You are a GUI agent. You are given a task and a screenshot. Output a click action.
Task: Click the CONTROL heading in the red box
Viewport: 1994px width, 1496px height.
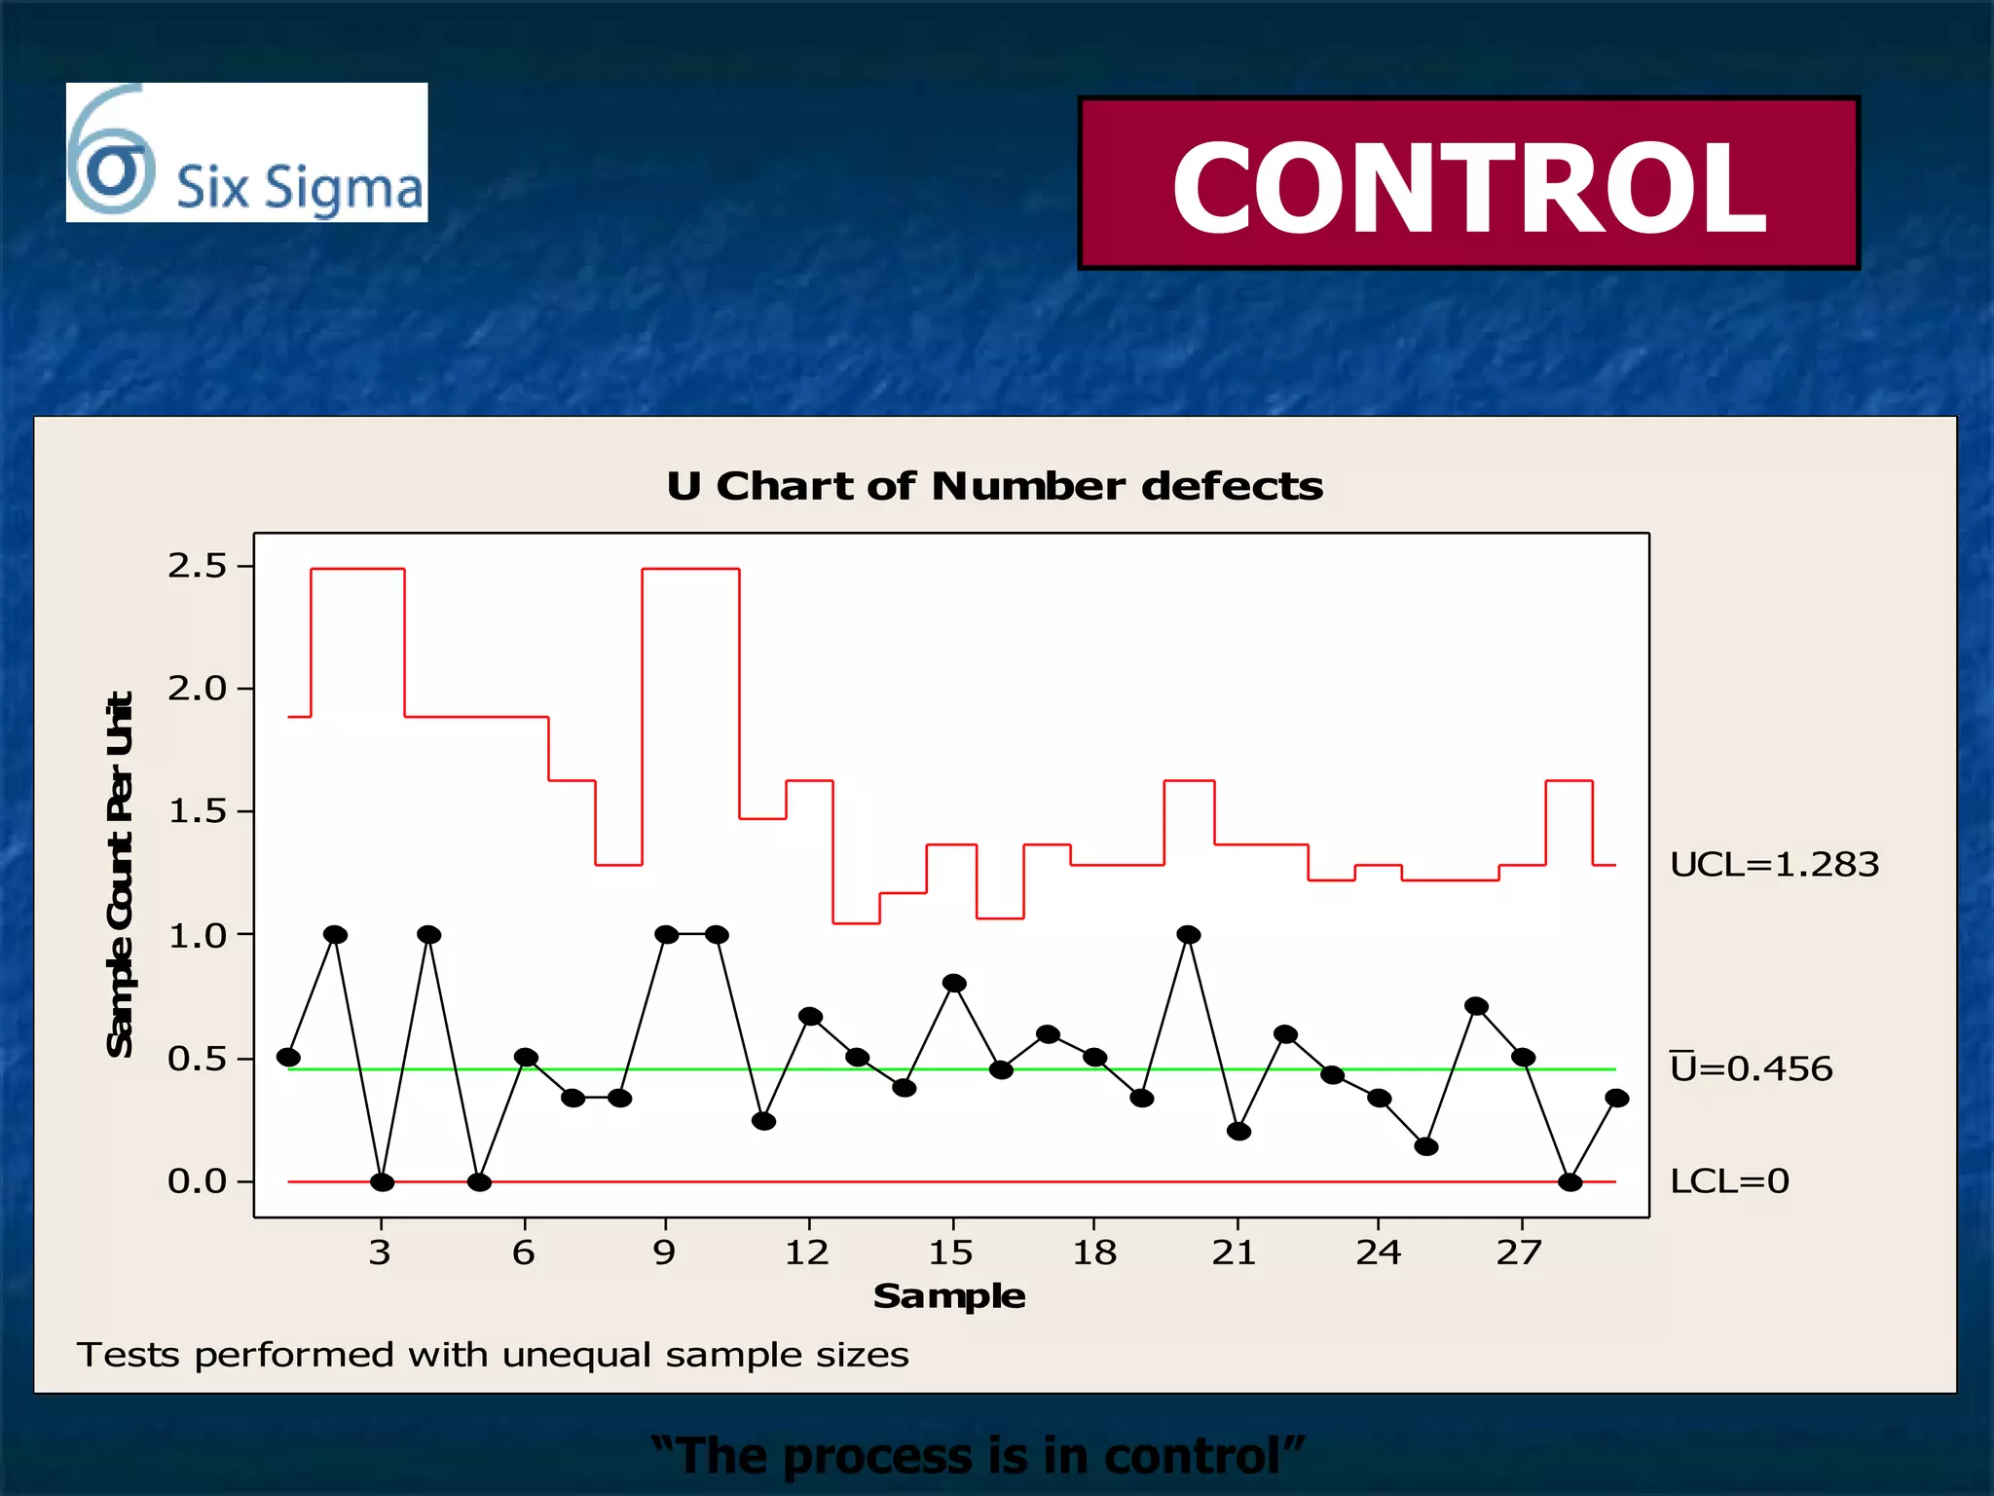[1468, 186]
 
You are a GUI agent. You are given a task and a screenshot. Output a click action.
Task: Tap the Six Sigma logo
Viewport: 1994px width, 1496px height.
[246, 153]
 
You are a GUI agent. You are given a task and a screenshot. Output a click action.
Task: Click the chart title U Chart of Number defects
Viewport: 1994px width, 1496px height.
[994, 486]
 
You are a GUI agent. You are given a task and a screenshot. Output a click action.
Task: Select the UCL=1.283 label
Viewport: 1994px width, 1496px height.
[1774, 865]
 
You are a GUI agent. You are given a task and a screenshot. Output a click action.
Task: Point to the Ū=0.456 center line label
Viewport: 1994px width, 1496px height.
[1751, 1068]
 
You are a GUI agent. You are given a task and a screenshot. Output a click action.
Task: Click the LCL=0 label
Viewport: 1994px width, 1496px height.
[1729, 1181]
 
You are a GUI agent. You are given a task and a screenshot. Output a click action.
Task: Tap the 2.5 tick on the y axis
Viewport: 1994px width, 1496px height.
[197, 566]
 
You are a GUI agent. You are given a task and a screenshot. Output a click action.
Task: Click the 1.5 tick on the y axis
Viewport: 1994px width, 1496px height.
[197, 811]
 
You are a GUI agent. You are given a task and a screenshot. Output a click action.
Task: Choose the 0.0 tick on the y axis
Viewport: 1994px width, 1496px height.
[197, 1181]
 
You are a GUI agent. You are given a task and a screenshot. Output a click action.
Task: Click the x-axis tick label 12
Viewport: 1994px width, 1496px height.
[807, 1253]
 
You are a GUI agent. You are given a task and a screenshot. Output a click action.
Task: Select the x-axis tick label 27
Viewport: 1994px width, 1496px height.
[1519, 1253]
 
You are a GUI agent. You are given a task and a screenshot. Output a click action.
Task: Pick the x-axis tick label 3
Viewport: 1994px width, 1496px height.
[380, 1253]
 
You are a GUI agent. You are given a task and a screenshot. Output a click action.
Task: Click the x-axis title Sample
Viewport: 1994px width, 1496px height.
[949, 1296]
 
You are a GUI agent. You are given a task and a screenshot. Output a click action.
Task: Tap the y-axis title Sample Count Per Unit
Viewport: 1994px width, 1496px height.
[120, 874]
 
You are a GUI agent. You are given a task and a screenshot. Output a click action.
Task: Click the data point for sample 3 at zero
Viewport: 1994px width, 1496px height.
[382, 1182]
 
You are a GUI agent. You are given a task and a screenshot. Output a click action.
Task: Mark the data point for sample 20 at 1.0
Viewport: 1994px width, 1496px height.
[1188, 935]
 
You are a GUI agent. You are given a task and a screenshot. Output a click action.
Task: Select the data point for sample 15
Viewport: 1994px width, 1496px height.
[954, 984]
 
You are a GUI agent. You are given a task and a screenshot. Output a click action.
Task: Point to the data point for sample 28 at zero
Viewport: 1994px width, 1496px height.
[1569, 1182]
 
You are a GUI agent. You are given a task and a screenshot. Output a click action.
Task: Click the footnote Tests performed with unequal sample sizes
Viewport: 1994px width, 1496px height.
[493, 1355]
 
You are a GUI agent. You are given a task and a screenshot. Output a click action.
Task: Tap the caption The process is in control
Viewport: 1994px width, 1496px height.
[978, 1456]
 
